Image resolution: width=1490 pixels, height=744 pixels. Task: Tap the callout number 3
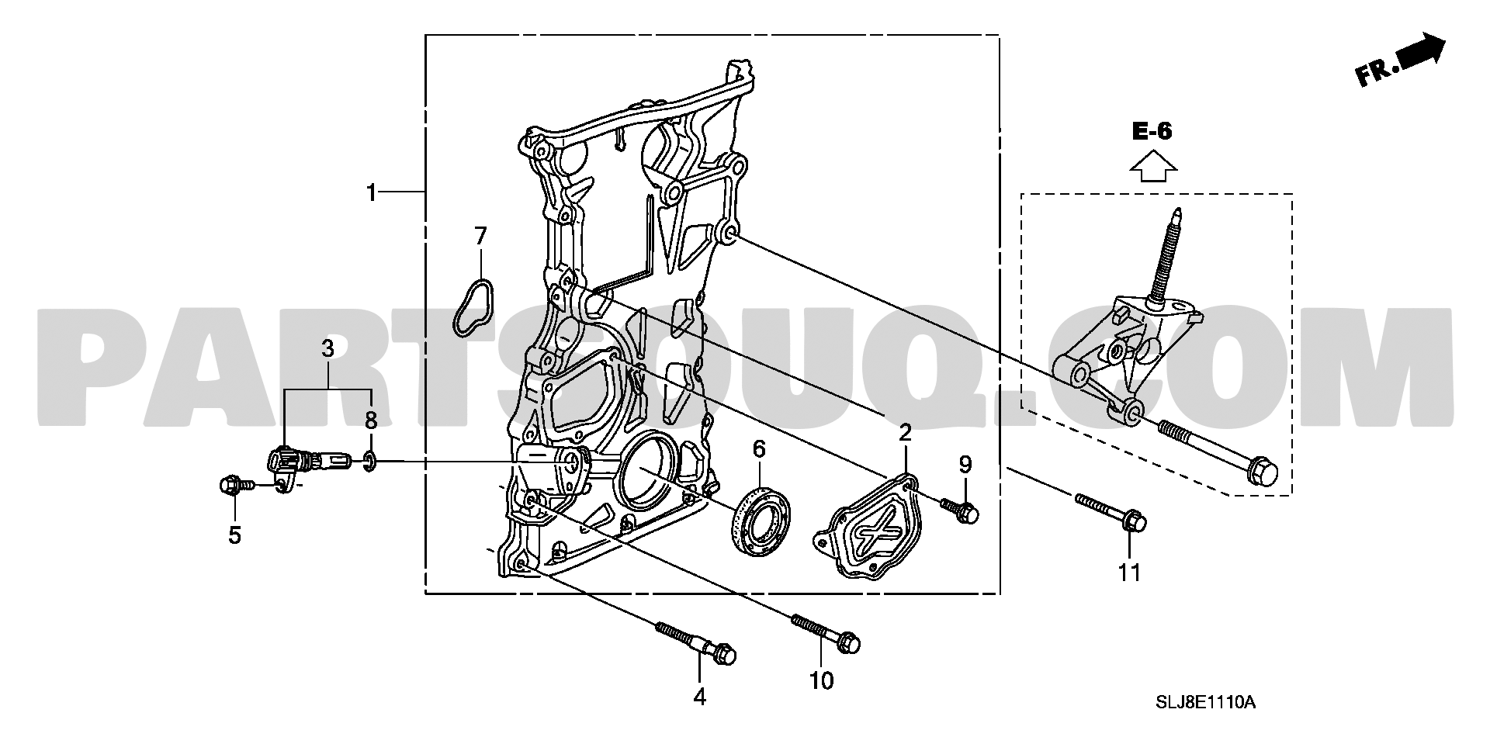click(327, 348)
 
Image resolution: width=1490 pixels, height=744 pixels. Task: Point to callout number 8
click(370, 421)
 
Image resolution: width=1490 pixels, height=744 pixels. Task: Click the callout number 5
click(234, 535)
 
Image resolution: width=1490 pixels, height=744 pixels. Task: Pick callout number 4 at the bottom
click(699, 697)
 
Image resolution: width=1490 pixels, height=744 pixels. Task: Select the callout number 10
click(821, 680)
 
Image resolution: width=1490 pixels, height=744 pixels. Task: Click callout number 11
click(1129, 573)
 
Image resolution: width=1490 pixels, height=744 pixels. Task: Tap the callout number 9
click(965, 465)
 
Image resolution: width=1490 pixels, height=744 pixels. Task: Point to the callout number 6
click(758, 448)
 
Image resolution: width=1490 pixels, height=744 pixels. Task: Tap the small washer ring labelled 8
click(370, 463)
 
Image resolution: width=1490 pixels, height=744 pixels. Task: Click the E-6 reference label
click(1152, 132)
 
